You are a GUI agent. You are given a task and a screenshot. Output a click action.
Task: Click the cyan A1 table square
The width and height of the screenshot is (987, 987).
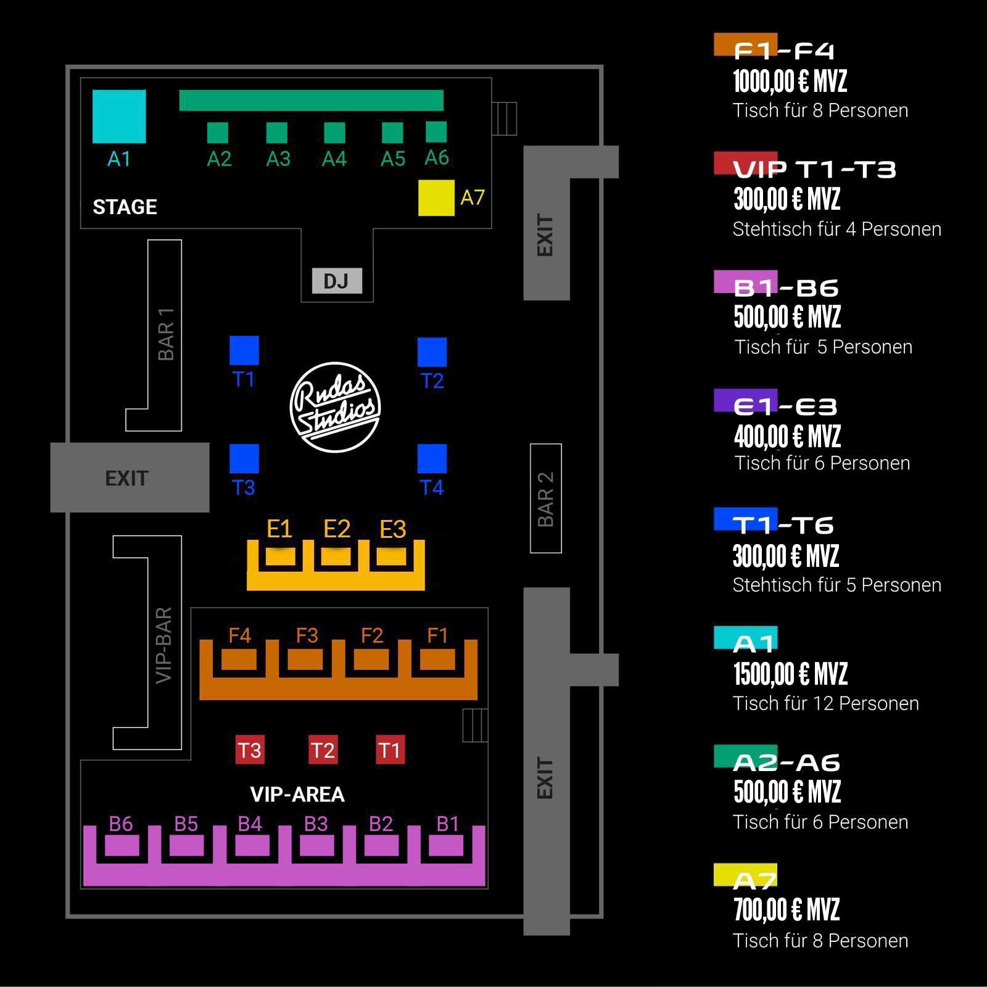click(119, 117)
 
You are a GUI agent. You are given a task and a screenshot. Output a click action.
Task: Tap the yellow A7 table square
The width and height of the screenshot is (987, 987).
click(436, 198)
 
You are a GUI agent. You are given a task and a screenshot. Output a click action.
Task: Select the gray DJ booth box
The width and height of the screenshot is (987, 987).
click(337, 281)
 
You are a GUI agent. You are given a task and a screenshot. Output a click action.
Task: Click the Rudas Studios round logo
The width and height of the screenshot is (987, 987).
click(335, 407)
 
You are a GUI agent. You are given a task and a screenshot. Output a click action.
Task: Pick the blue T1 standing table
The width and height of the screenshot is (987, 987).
click(244, 350)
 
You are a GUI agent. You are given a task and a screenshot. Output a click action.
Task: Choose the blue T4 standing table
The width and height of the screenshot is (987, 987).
click(432, 459)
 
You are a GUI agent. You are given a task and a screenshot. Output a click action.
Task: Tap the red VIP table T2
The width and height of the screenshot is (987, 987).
click(323, 750)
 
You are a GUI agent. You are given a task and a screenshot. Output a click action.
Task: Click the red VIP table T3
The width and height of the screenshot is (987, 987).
click(250, 750)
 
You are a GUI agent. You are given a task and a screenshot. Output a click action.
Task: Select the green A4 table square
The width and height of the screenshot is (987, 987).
click(334, 133)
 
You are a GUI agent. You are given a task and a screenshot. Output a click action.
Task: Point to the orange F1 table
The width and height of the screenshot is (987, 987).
click(437, 659)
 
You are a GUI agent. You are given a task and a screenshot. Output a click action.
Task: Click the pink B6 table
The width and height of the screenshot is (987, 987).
click(122, 846)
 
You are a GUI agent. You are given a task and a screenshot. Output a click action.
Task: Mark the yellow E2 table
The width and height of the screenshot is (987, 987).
click(336, 556)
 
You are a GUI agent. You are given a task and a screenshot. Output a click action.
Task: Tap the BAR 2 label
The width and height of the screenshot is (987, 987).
click(546, 499)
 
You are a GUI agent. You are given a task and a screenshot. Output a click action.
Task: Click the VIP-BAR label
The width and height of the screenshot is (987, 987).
click(163, 645)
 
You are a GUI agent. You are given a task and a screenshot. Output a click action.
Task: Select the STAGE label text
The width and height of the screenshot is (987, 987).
click(125, 207)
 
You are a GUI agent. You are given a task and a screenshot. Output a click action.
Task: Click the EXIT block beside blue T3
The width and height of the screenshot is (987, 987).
click(130, 477)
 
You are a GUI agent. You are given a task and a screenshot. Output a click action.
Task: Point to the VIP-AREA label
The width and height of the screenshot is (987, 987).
click(297, 794)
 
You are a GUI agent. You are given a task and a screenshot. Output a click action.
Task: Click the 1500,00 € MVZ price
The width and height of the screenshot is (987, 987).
click(790, 674)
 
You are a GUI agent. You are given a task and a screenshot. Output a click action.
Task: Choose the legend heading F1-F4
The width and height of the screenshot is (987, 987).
click(783, 51)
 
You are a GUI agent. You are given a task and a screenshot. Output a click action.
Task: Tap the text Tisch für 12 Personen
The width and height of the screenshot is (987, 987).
click(825, 703)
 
